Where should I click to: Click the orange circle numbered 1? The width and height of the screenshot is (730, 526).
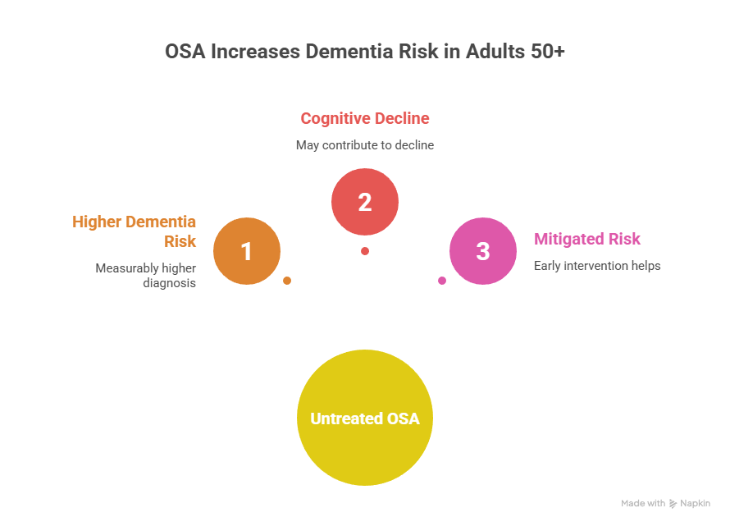247,251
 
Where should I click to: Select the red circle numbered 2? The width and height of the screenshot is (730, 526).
365,202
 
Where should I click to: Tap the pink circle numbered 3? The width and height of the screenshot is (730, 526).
482,251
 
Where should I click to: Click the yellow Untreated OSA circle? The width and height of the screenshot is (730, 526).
364,419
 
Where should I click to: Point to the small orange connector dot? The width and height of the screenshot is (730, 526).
287,281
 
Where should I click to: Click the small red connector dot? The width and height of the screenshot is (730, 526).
365,251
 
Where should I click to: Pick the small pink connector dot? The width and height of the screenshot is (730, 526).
442,281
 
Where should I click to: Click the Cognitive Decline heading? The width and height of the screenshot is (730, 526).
365,119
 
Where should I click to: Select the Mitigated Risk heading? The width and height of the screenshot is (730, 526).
587,240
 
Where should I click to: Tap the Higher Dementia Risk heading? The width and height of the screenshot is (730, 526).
135,231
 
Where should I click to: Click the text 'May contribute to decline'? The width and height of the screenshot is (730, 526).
365,144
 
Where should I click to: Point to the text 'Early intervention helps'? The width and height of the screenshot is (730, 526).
597,266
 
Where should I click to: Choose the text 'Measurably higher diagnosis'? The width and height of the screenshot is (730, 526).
146,276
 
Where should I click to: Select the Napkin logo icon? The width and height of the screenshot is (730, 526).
673,504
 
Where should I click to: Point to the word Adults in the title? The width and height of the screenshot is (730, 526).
495,51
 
